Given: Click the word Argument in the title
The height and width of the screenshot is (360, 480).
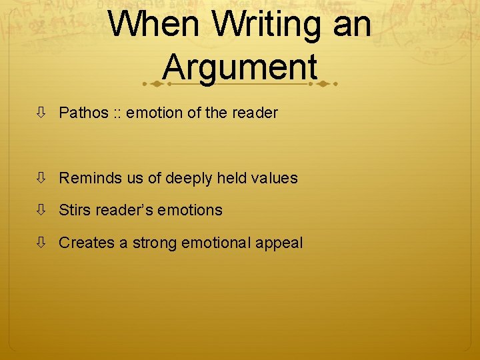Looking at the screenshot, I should [x=239, y=67].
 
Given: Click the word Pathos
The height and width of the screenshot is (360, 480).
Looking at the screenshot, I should [x=83, y=113].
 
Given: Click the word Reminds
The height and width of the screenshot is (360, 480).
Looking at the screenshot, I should [x=85, y=178].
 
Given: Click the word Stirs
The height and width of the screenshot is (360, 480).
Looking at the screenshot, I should [x=74, y=210].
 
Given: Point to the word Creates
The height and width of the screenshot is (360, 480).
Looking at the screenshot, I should [x=87, y=243].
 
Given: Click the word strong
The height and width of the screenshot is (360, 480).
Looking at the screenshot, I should [x=154, y=243].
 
